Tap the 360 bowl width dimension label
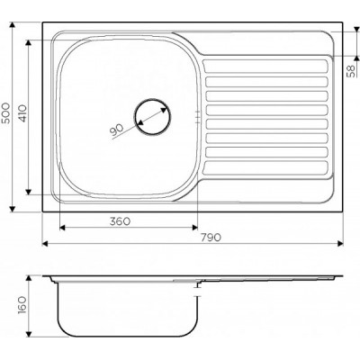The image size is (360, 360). click(120, 221)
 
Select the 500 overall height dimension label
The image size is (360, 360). click(5, 112)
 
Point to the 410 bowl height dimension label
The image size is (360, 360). click(22, 113)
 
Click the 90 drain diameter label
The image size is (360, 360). click(116, 130)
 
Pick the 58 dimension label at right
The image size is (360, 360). click(351, 71)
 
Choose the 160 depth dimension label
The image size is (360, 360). click(22, 305)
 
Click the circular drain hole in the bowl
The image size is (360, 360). click(152, 116)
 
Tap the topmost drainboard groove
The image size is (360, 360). click(265, 67)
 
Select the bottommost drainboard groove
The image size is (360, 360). click(265, 168)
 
